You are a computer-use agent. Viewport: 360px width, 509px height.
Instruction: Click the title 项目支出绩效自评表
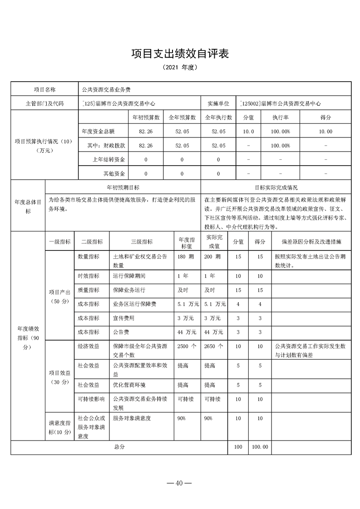pyautogui.click(x=180, y=53)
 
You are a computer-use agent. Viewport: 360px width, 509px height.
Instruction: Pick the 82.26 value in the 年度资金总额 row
pyautogui.click(x=145, y=131)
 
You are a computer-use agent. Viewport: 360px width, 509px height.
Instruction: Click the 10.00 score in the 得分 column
pyautogui.click(x=326, y=131)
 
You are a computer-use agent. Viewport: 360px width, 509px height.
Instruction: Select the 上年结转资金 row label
pyautogui.click(x=109, y=160)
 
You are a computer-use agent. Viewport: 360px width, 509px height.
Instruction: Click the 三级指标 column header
pyautogui.click(x=141, y=241)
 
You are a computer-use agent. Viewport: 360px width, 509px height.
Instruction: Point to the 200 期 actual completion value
pyautogui.click(x=212, y=257)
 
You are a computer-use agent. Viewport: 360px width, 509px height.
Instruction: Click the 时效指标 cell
pyautogui.click(x=89, y=276)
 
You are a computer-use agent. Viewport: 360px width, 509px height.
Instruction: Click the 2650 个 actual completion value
pyautogui.click(x=213, y=346)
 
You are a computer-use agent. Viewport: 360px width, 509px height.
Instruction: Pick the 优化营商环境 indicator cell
pyautogui.click(x=129, y=385)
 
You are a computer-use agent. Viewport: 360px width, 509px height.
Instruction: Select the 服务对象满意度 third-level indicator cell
pyautogui.click(x=132, y=418)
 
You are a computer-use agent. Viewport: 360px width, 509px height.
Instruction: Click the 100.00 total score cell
pyautogui.click(x=260, y=447)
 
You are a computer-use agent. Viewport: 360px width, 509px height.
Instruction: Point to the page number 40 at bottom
pyautogui.click(x=180, y=483)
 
